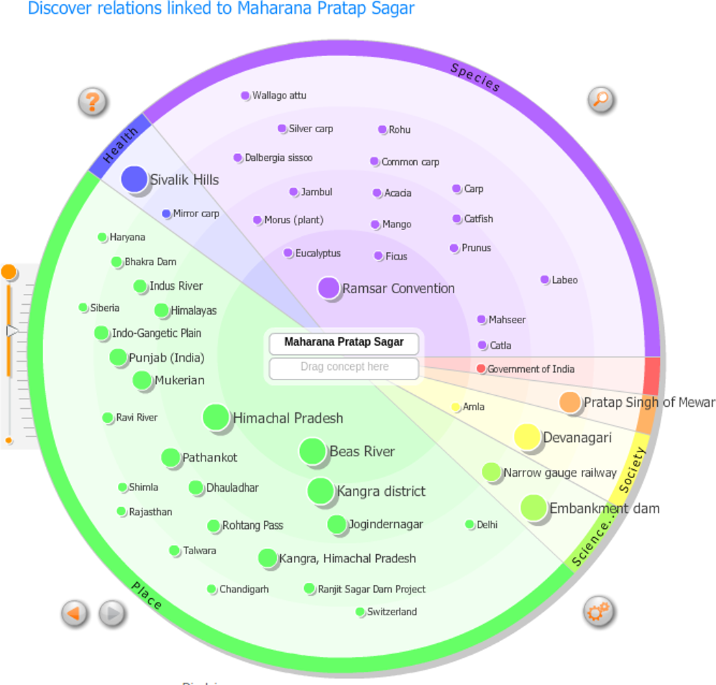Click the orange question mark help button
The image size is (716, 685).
click(92, 101)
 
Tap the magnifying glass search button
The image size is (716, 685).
click(600, 100)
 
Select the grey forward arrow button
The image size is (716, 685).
click(112, 612)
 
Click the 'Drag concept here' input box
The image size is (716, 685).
click(344, 367)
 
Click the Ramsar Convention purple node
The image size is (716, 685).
click(329, 288)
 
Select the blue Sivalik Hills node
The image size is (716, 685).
click(134, 179)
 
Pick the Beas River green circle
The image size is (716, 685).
click(312, 451)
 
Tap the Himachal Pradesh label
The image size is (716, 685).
click(288, 418)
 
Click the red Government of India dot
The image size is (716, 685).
click(481, 369)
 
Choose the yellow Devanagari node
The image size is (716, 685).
click(528, 437)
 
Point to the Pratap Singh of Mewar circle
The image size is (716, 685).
click(570, 402)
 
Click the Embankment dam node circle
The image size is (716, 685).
click(534, 508)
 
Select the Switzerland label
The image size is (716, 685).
click(392, 612)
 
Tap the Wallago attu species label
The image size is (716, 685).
click(279, 95)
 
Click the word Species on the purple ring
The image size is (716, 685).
click(476, 77)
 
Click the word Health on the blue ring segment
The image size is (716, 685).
click(121, 145)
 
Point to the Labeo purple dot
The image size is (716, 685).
click(545, 279)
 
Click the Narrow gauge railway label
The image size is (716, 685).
click(560, 473)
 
